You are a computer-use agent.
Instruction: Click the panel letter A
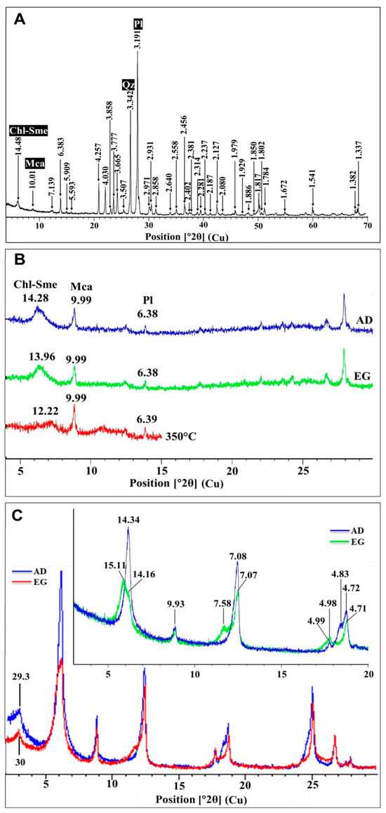(20, 19)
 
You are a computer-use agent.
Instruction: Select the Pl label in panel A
(138, 26)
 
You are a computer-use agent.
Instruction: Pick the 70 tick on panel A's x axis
(366, 225)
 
